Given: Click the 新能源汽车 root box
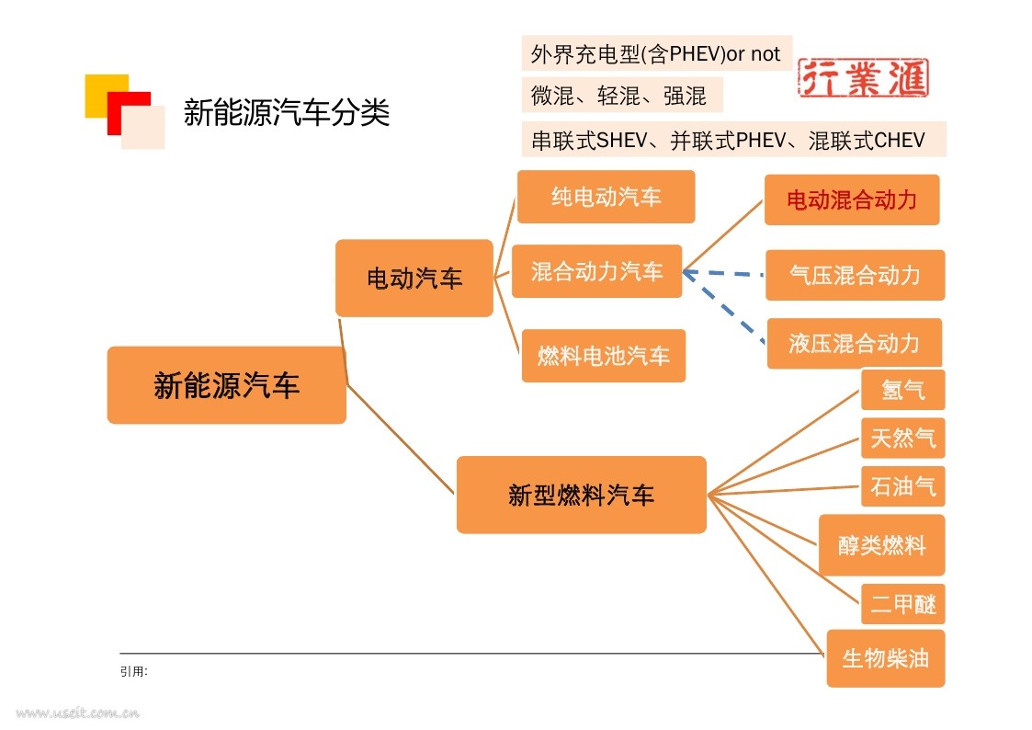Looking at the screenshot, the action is (x=226, y=385).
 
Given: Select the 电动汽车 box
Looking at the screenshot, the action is (x=414, y=278).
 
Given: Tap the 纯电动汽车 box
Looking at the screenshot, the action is (x=607, y=197).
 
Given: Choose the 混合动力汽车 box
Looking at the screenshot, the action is (x=597, y=271).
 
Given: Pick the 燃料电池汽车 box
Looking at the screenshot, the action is (x=604, y=356).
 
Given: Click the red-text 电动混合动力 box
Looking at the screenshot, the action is (x=852, y=200).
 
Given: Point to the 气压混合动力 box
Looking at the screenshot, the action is (x=855, y=275).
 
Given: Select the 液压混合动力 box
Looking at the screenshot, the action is (x=855, y=343).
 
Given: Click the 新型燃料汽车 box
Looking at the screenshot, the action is (x=581, y=495).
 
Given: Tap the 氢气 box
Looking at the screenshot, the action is (x=903, y=390).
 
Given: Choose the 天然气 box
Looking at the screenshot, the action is (x=903, y=438).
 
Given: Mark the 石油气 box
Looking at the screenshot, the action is (x=903, y=486).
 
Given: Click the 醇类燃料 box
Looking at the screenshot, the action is (x=882, y=545).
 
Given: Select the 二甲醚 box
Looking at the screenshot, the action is (x=903, y=604).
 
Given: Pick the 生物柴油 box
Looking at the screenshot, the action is (x=886, y=658).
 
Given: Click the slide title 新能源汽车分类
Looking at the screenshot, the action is (x=287, y=112).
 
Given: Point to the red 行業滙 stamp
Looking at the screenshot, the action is (x=864, y=77).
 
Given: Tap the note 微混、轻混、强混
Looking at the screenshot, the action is (x=618, y=97).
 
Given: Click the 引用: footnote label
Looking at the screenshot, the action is (x=133, y=671).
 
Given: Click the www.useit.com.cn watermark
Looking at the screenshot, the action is (x=78, y=713).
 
